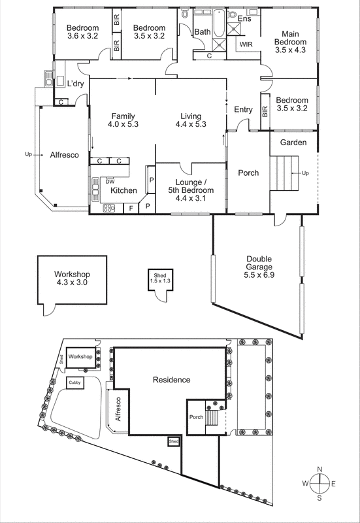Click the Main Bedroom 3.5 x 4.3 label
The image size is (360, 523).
click(290, 41)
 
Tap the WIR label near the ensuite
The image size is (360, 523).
click(246, 44)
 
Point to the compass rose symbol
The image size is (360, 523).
click(319, 484)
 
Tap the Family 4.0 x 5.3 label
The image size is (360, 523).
click(123, 120)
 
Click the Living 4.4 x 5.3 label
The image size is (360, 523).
click(191, 120)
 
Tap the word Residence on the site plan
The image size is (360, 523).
click(171, 380)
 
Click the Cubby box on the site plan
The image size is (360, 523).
click(75, 384)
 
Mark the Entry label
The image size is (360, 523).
click(243, 110)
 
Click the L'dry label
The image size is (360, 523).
click(76, 83)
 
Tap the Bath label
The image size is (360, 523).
click(203, 31)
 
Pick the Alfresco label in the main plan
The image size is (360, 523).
click(64, 155)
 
